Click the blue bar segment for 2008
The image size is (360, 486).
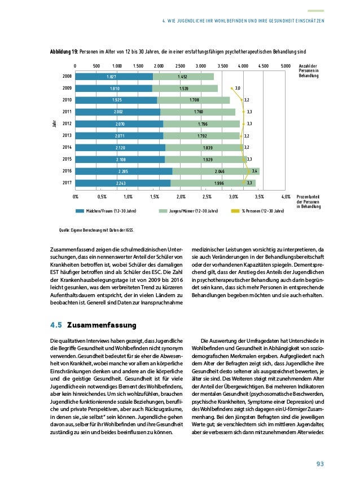pyautogui.click(x=113, y=77)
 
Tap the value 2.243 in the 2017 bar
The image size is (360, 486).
pyautogui.click(x=122, y=183)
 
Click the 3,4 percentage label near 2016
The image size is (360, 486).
pyautogui.click(x=255, y=171)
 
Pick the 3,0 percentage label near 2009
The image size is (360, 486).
pyautogui.click(x=238, y=89)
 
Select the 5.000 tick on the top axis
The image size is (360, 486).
pyautogui.click(x=285, y=66)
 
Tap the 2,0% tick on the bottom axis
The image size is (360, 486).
pyautogui.click(x=181, y=197)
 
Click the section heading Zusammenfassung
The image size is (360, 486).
pyautogui.click(x=99, y=325)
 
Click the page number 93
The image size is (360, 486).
pyautogui.click(x=319, y=464)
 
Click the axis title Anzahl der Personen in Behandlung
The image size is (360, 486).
pyautogui.click(x=308, y=71)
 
